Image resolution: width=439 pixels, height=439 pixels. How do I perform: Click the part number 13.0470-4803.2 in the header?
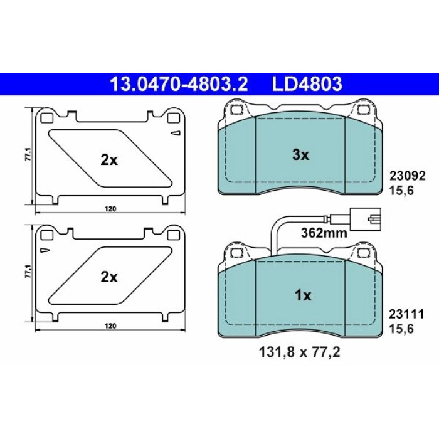179,83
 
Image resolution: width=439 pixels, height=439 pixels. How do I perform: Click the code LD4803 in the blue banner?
307,83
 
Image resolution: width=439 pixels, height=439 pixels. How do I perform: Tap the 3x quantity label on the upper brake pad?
300,155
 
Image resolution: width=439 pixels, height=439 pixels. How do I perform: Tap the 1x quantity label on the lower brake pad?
303,295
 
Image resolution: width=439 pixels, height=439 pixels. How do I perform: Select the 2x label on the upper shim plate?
109,161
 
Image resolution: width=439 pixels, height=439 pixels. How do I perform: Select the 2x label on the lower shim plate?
109,277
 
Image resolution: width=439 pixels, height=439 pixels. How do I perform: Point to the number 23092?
408,176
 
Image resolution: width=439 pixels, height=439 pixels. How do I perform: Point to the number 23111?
406,314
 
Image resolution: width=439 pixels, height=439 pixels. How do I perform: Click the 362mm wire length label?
324,233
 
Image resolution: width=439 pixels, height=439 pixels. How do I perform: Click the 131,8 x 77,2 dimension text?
300,352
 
